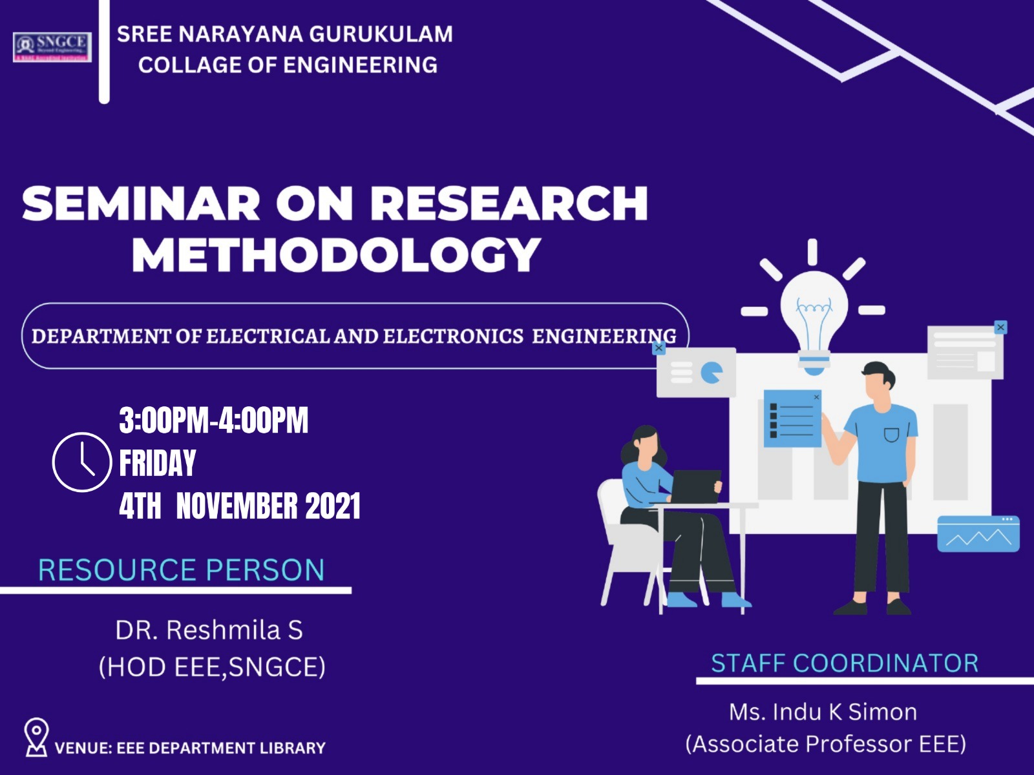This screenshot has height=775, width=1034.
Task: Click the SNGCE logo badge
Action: [x=52, y=47]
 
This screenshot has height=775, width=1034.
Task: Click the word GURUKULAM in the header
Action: [x=381, y=34]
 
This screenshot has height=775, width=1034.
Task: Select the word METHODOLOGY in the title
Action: [x=336, y=254]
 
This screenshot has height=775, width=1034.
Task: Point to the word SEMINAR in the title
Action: [x=141, y=203]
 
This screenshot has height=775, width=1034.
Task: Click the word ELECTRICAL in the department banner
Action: [x=268, y=336]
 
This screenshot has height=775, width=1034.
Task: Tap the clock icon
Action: [x=82, y=462]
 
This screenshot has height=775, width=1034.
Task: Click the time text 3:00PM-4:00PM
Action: [x=214, y=420]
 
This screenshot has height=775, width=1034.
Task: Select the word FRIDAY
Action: [x=157, y=463]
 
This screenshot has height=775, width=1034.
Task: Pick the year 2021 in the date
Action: [x=333, y=506]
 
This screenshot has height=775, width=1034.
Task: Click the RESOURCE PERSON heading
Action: [x=182, y=570]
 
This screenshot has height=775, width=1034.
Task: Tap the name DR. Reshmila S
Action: [x=209, y=630]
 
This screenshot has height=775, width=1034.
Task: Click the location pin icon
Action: [x=36, y=738]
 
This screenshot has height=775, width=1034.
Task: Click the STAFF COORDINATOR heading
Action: [x=845, y=663]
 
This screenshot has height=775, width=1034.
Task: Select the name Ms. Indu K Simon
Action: [x=823, y=712]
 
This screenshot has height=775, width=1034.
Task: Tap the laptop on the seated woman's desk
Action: [x=695, y=486]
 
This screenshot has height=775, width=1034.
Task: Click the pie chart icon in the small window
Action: [x=712, y=373]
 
